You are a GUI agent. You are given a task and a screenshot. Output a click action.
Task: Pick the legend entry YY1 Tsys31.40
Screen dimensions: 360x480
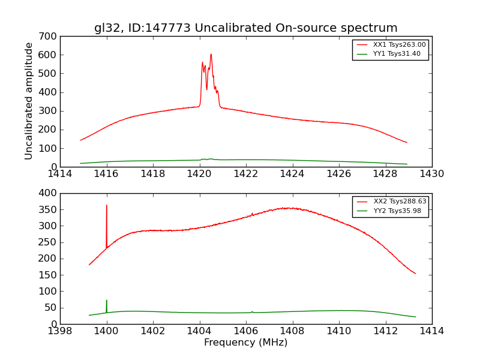tap(397, 54)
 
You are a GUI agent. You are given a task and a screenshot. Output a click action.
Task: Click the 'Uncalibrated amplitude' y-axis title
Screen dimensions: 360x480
tap(29, 101)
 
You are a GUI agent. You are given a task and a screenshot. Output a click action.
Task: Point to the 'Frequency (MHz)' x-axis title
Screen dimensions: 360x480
tap(245, 343)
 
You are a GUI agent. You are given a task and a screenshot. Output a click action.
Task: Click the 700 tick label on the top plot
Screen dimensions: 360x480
tap(50, 37)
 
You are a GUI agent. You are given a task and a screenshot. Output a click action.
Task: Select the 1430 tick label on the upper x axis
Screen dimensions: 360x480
tap(431, 174)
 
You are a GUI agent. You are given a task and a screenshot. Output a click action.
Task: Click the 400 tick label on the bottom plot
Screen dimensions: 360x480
tap(50, 193)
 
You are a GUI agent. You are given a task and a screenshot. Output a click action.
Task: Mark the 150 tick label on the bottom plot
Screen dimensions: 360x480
tap(50, 275)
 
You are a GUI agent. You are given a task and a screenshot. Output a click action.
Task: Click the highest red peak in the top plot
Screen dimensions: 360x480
tap(211, 55)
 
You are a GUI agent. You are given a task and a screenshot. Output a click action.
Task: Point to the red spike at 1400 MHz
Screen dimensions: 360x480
tap(107, 206)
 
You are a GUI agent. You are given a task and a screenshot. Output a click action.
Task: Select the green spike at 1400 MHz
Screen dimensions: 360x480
tap(107, 301)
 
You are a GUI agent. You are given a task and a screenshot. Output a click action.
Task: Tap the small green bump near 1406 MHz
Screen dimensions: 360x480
tap(252, 311)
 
